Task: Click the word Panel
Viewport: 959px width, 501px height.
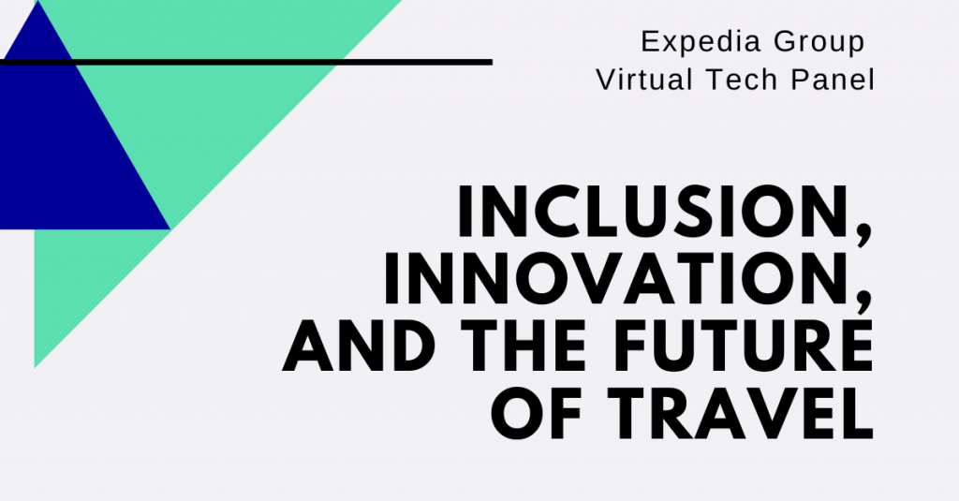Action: (x=833, y=80)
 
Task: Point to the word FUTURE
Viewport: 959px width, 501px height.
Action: (x=743, y=345)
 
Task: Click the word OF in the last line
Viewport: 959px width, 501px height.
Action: (x=537, y=413)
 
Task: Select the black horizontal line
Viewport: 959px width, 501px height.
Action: (x=246, y=62)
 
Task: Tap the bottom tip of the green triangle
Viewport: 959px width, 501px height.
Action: (x=35, y=367)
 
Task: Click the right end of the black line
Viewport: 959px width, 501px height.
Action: (x=493, y=62)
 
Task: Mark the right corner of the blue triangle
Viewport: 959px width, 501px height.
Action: (x=170, y=229)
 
